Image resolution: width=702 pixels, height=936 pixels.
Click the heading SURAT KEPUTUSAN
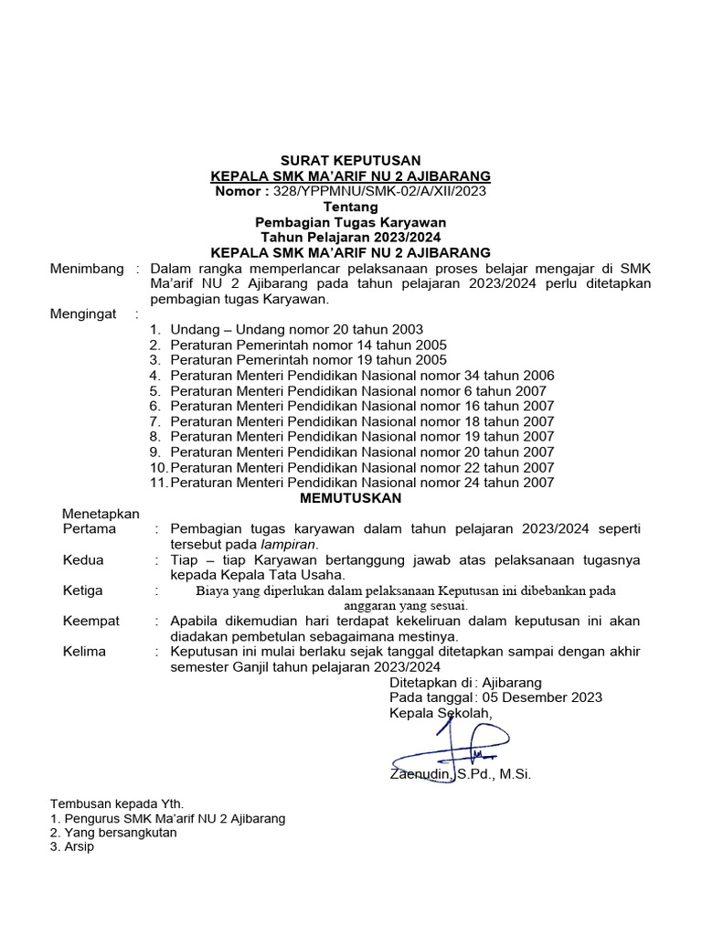tap(351, 160)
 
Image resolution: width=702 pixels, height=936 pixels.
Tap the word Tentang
tap(351, 207)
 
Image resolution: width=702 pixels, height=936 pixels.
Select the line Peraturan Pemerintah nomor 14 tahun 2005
tap(308, 345)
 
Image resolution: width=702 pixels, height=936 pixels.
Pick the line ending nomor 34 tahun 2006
tap(362, 376)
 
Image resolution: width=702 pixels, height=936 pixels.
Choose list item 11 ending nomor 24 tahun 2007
tap(362, 483)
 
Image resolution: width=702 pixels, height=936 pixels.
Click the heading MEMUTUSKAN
tap(351, 498)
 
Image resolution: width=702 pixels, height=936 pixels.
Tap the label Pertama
tap(90, 528)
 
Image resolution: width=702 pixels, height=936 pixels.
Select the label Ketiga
tap(83, 590)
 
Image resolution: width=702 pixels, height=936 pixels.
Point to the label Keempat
tap(91, 621)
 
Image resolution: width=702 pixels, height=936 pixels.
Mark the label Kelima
tap(84, 652)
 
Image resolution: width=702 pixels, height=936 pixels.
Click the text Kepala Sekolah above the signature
tap(441, 713)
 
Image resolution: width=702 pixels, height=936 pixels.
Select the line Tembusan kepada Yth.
tap(116, 803)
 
